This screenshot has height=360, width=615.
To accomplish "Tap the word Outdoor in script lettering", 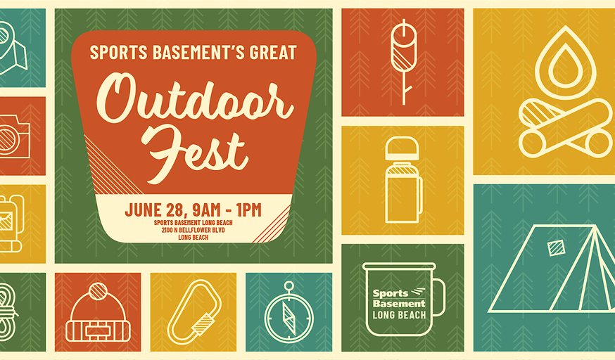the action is coord(195,101).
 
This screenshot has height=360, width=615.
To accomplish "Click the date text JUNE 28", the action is coord(153,210).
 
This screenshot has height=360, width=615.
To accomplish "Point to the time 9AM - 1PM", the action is coord(227,210).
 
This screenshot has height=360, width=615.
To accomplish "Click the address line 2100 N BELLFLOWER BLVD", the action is coord(194,230).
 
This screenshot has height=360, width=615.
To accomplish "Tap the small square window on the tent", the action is coord(554,247).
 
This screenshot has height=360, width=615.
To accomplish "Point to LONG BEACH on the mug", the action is coord(399,315).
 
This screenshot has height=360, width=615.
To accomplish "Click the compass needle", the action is coord(289,316).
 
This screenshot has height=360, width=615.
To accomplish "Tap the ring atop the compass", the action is coord(289,285).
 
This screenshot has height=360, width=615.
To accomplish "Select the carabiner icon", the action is coord(194,312).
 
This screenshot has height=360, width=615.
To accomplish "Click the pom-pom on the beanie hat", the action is coord(98,292).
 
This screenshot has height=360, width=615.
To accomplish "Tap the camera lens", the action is coord(6,139).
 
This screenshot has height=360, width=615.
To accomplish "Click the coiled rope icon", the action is coord(7,311).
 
